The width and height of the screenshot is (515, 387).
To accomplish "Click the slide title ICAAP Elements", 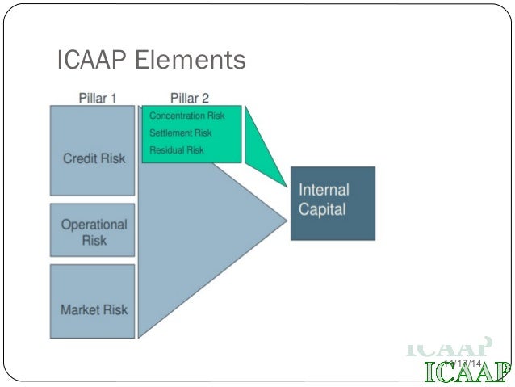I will click(x=151, y=61).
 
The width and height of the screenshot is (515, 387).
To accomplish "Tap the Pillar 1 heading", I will click(x=98, y=99).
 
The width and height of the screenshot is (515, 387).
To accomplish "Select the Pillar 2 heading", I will click(x=190, y=99).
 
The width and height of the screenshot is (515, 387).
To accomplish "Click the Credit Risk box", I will click(x=94, y=151).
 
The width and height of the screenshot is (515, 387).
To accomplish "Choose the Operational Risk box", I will click(x=94, y=231).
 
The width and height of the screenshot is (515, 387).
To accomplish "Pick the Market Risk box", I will click(x=94, y=301).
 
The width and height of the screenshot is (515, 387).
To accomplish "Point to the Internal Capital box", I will click(x=333, y=203).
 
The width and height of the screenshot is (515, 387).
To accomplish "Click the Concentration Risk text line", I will click(x=187, y=116).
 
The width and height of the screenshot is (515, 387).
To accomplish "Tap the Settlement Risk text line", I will click(x=181, y=133).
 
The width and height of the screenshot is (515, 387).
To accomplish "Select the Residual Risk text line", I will click(x=177, y=149).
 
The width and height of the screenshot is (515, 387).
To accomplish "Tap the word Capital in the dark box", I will click(x=322, y=210).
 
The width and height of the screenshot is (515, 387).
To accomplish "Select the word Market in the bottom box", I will click(x=78, y=309).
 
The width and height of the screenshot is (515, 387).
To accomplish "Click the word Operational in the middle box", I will click(x=94, y=225).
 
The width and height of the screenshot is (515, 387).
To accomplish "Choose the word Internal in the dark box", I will click(x=324, y=191).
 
